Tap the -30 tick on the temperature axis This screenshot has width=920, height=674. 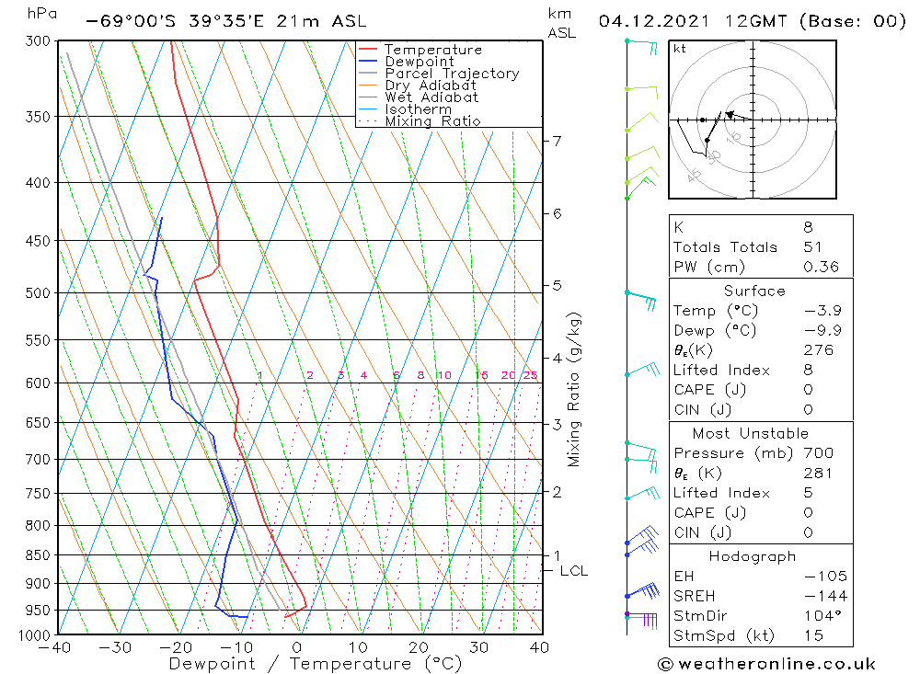pyautogui.click(x=117, y=647)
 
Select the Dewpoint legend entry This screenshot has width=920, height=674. pyautogui.click(x=419, y=62)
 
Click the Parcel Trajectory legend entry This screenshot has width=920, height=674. pyautogui.click(x=451, y=74)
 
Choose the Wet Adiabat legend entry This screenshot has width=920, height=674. pyautogui.click(x=431, y=97)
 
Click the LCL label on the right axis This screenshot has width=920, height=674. pyautogui.click(x=573, y=571)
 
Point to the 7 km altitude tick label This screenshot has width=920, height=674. pyautogui.click(x=558, y=141)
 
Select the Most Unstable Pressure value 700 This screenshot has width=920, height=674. pyautogui.click(x=818, y=453)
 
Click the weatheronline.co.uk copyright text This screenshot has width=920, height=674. pyautogui.click(x=766, y=664)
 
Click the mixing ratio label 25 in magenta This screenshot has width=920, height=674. pyautogui.click(x=530, y=375)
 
